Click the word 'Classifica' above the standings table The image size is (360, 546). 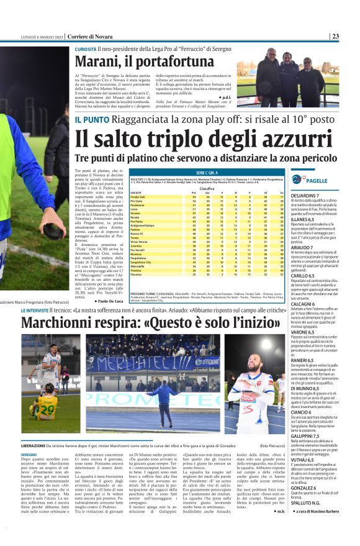[207, 188]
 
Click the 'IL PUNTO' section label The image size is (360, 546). [91, 119]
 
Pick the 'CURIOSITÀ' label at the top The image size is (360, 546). [86, 48]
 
